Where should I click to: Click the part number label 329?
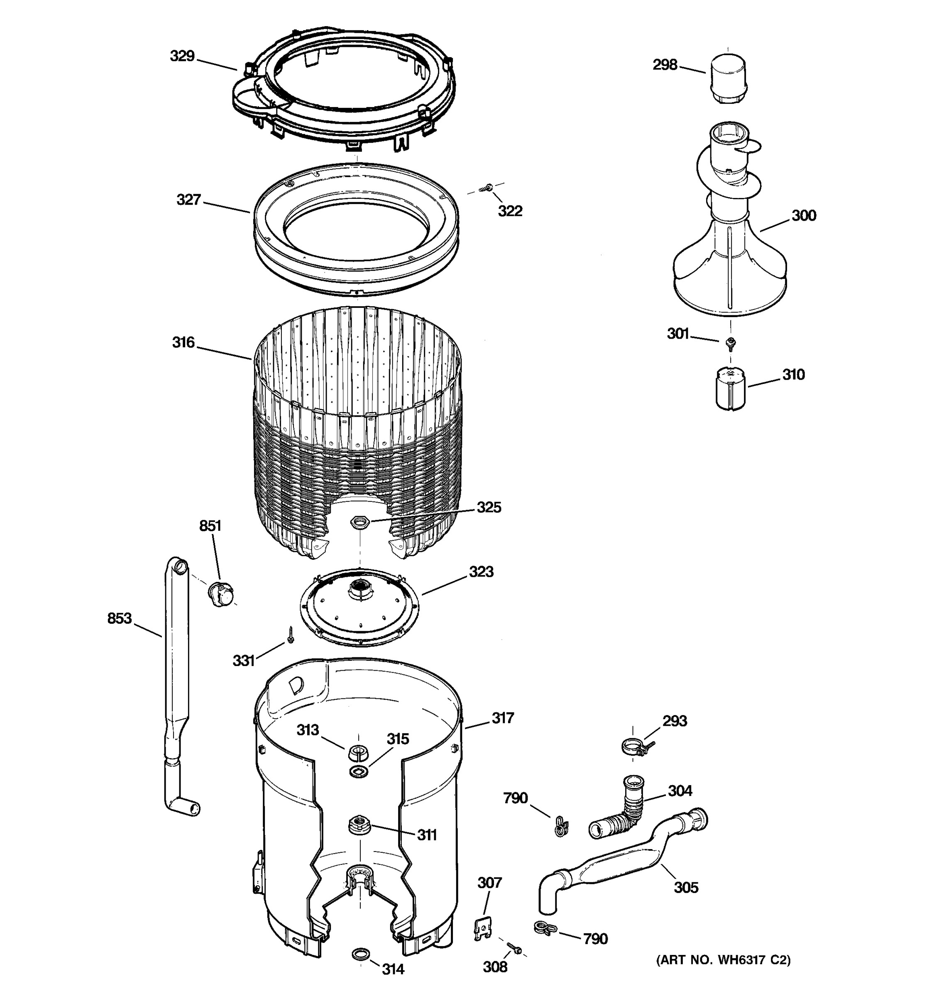[x=182, y=56]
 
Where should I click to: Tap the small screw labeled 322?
[x=486, y=188]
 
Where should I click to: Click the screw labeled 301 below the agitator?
[x=731, y=343]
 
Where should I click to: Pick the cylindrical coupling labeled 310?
[x=730, y=388]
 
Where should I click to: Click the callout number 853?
[x=119, y=619]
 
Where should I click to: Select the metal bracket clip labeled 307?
[x=482, y=928]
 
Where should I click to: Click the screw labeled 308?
[x=514, y=947]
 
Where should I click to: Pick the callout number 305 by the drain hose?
[x=685, y=888]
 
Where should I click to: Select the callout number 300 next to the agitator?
[x=804, y=215]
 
